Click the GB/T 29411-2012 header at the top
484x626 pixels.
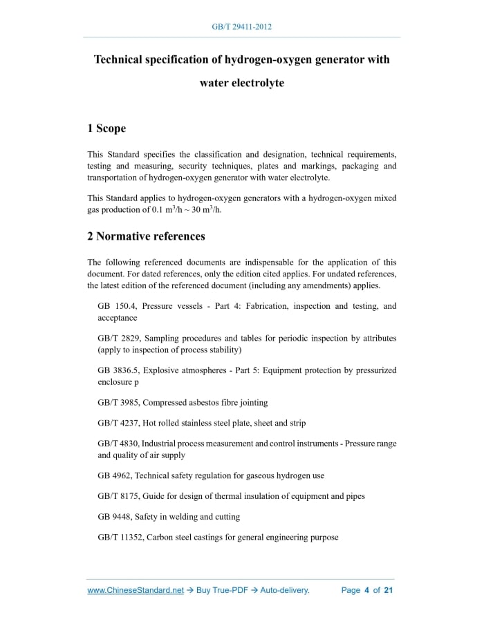coord(241,27)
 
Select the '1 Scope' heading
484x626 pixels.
coord(106,129)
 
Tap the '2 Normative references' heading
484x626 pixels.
coord(146,236)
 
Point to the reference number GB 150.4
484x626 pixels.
coord(116,306)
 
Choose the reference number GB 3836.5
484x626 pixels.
coord(118,370)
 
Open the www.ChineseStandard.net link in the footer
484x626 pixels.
coord(136,590)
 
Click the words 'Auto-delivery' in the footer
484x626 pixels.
coord(284,590)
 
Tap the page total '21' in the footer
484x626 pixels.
coord(388,590)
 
